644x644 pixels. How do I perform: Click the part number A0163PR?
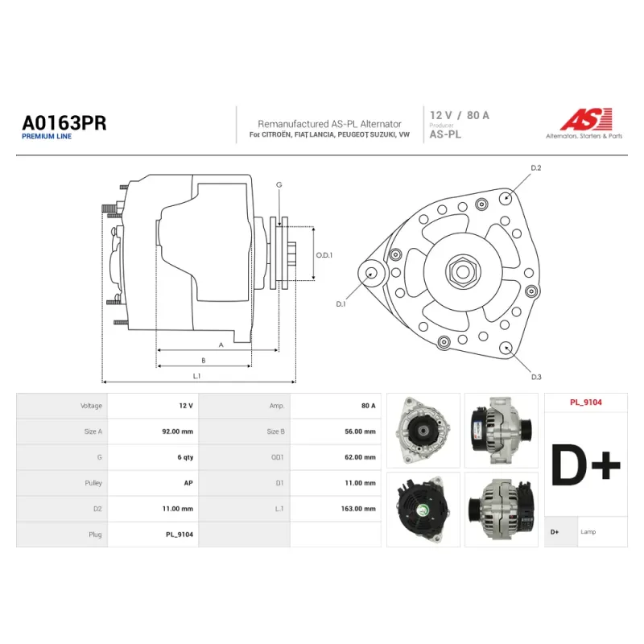[64, 123]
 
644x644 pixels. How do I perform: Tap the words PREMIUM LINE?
[47, 136]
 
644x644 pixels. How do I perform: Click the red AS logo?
[586, 119]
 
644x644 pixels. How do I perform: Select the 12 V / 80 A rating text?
[460, 115]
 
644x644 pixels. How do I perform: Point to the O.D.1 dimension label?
[324, 255]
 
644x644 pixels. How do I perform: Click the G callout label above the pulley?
[279, 185]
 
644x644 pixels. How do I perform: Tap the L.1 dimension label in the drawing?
[196, 376]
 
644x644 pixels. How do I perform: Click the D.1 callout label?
[341, 304]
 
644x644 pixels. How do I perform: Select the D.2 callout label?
[536, 168]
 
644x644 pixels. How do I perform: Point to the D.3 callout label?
[536, 377]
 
